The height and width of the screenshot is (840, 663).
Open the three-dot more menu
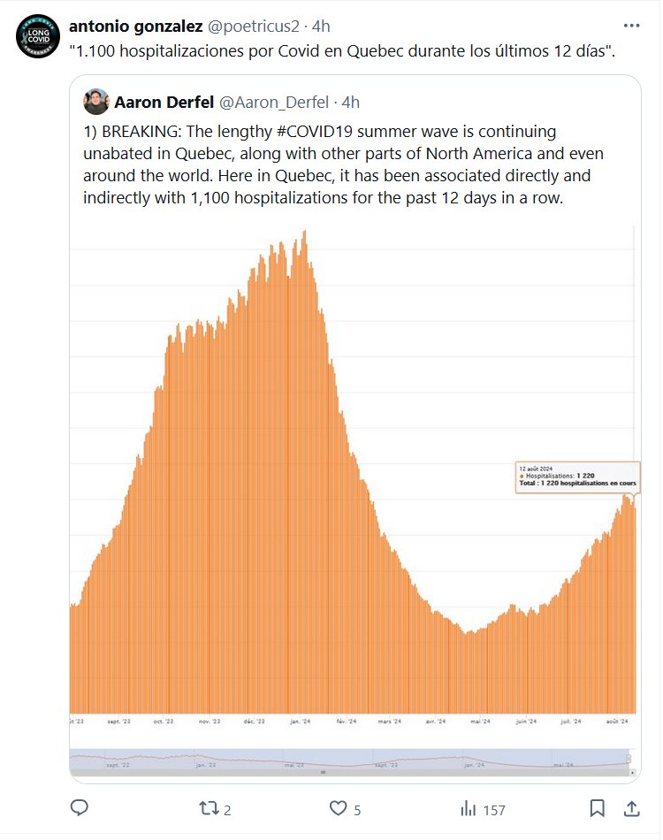632,27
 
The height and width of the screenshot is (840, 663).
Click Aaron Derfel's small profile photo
96,103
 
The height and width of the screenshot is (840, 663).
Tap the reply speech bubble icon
80,808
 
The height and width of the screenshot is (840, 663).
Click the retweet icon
208,808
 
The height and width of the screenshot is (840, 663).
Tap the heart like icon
338,808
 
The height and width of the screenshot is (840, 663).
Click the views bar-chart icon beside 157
469,808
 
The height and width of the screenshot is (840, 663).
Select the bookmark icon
598,808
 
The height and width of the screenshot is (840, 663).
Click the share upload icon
632,808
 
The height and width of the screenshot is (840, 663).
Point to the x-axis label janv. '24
300,721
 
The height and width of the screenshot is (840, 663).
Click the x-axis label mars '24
390,721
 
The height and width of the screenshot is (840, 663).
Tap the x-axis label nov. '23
210,721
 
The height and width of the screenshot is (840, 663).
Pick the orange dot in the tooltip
522,476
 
